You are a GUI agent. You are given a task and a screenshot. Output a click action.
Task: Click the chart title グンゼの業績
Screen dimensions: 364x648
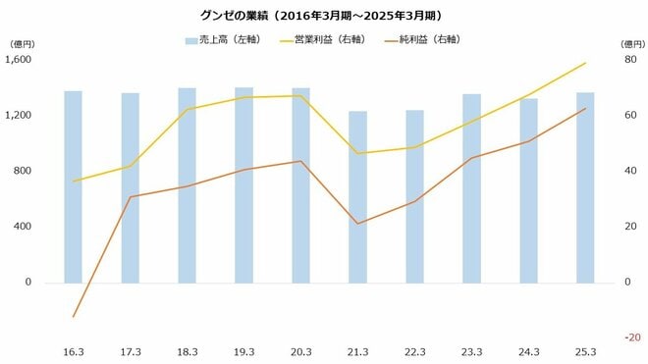[324, 15]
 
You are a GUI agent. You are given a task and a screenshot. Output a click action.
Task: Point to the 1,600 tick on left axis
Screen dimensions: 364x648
[19, 60]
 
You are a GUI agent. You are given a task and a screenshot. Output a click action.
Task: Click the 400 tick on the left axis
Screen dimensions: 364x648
[24, 227]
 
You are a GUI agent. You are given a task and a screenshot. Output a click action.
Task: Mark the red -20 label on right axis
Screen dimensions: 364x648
[632, 338]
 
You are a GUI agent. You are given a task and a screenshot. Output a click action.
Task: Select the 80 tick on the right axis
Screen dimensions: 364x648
[631, 60]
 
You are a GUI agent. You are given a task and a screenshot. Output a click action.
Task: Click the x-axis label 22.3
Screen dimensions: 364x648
[414, 351]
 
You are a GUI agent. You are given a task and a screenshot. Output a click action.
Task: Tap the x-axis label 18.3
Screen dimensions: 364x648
[187, 351]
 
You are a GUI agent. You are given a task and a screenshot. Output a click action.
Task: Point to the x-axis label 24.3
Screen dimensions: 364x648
[528, 351]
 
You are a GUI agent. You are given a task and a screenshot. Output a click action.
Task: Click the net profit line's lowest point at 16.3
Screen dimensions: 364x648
[73, 317]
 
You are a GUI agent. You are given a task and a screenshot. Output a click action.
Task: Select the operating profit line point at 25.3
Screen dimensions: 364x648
[585, 63]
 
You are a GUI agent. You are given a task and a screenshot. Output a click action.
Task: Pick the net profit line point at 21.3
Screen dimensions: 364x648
[357, 224]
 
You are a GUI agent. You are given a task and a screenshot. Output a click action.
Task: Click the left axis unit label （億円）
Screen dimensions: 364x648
[22, 44]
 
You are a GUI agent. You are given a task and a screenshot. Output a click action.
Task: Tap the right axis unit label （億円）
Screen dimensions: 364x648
[630, 44]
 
